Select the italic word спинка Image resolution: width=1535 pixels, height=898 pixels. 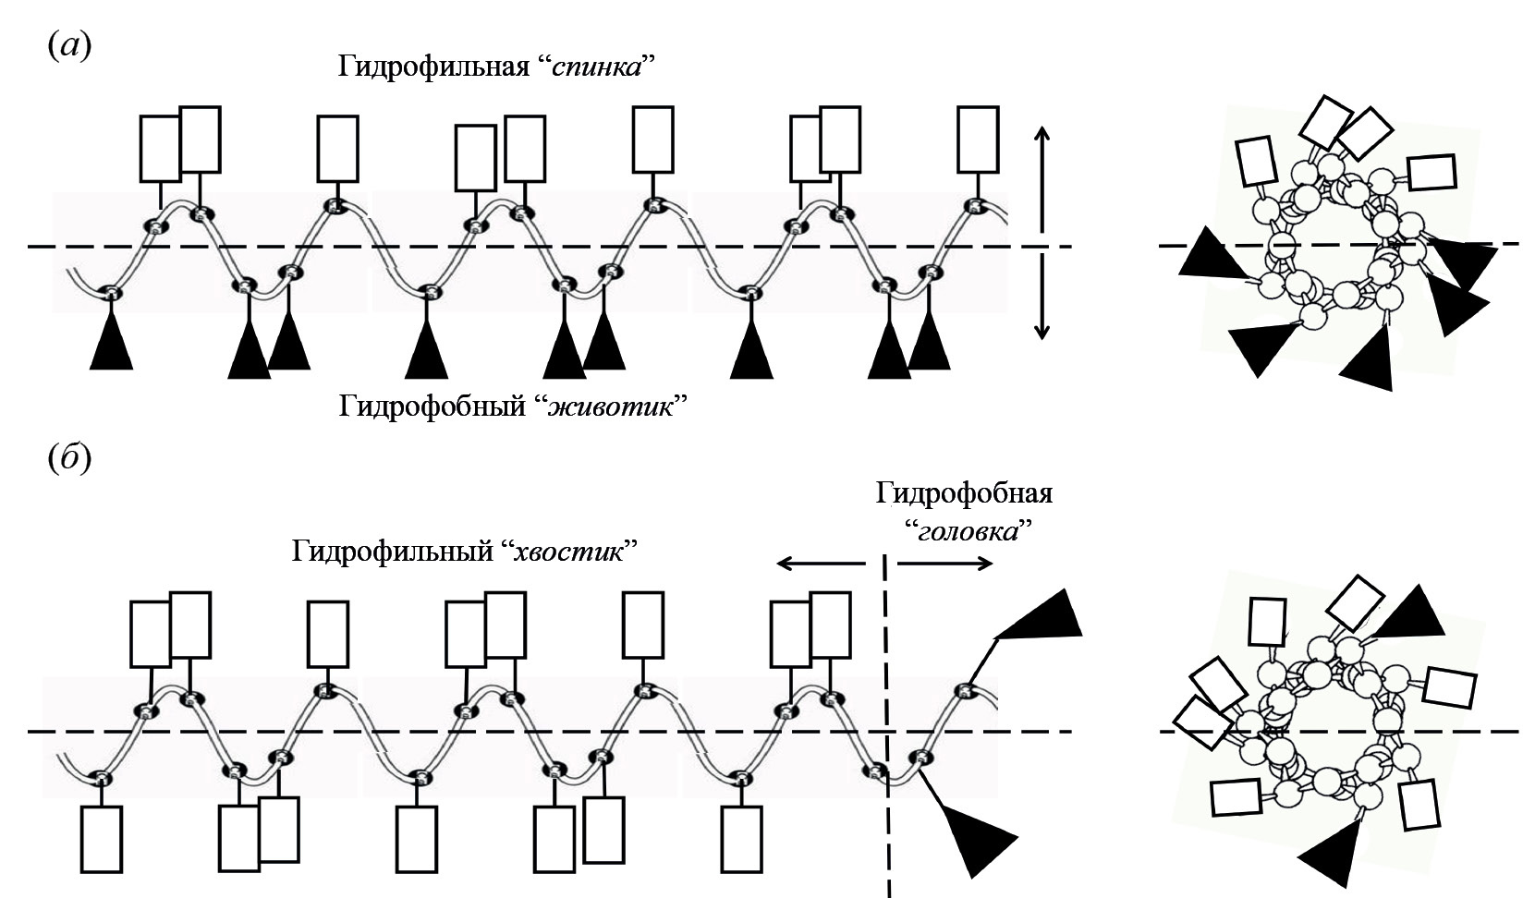(x=596, y=67)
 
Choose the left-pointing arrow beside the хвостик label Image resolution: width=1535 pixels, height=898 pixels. (x=819, y=563)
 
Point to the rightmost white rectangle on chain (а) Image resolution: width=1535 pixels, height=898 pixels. (x=977, y=140)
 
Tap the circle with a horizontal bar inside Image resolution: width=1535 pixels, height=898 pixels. (x=1280, y=246)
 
